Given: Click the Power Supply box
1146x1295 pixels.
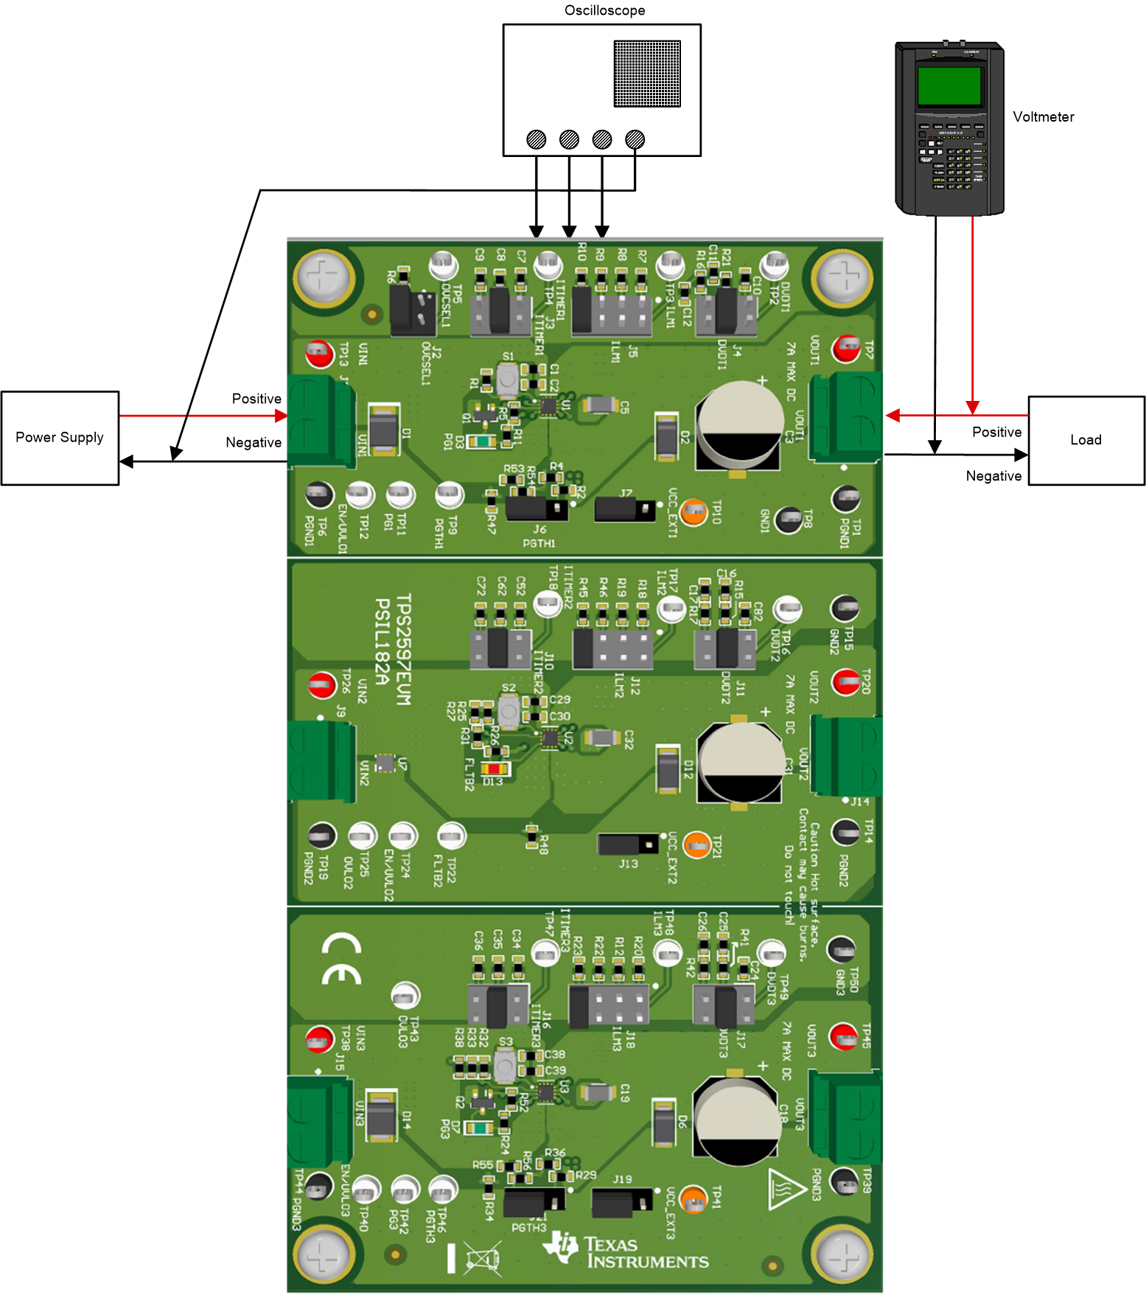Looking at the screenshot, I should (60, 438).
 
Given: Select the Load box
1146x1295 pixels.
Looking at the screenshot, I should (1086, 440).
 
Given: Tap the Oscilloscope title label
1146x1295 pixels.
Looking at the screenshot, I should (604, 10).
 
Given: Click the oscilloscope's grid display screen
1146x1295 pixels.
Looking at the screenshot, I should (647, 74).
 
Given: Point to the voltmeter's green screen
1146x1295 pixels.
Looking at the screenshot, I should (949, 86).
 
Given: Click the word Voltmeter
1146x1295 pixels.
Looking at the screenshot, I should (1043, 116).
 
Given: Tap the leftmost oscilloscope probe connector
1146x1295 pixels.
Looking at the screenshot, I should (537, 139).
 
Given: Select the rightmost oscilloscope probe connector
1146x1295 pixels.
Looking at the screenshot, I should (635, 139).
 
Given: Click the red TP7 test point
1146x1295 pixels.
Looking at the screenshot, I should (847, 348).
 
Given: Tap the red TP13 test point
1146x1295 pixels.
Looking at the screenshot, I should (318, 354).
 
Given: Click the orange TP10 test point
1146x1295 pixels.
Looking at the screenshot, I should (693, 512).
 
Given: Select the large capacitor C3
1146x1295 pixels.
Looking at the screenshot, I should (739, 425).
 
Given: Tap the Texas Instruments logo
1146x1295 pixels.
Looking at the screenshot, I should (626, 1252).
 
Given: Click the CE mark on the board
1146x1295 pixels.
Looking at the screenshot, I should (341, 960).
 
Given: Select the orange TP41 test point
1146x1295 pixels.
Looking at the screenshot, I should (693, 1198).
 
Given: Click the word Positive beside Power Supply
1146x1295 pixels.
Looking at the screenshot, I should (256, 399).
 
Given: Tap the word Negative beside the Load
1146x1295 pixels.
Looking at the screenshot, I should (993, 476).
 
